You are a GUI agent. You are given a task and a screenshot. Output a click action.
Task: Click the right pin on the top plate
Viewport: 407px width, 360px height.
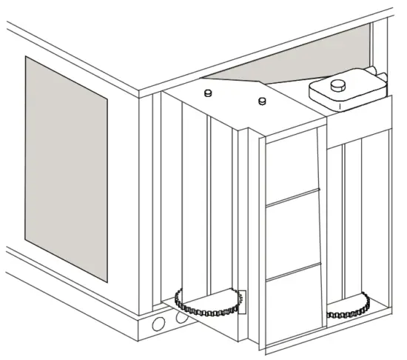(261, 101)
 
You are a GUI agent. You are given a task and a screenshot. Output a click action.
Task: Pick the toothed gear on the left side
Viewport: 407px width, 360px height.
(209, 304)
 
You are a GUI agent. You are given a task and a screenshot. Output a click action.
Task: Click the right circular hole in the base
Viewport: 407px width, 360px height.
(181, 319)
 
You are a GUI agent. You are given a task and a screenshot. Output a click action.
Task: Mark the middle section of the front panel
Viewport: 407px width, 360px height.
(294, 233)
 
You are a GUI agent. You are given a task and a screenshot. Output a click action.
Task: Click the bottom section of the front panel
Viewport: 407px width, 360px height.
(294, 304)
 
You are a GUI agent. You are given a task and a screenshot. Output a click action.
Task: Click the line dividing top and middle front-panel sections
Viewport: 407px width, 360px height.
(294, 198)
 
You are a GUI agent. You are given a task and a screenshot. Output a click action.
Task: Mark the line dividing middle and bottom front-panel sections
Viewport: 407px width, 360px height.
(294, 270)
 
